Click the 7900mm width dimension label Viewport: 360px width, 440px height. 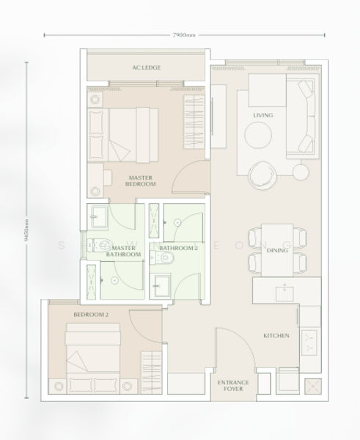click(x=185, y=34)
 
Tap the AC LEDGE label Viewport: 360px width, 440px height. click(x=147, y=68)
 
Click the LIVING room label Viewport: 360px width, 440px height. click(x=263, y=115)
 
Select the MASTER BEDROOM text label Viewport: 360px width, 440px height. click(x=140, y=180)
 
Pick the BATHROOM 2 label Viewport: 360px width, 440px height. click(x=178, y=249)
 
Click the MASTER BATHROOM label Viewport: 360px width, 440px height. click(x=127, y=252)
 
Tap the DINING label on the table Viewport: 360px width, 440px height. click(x=277, y=250)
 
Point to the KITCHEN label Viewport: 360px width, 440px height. click(x=277, y=336)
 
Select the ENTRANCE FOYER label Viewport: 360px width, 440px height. click(x=234, y=386)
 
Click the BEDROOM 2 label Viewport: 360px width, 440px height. click(x=91, y=315)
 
